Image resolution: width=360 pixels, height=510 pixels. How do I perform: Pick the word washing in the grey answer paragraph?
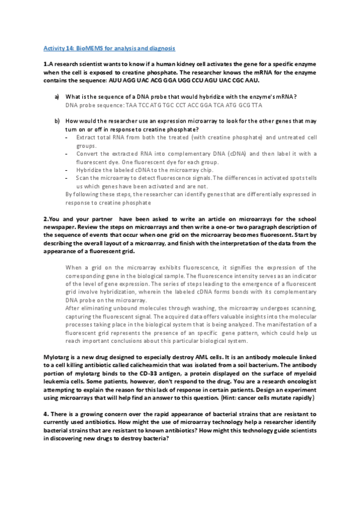[189, 307]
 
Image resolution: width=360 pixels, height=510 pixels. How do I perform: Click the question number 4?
[45, 414]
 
